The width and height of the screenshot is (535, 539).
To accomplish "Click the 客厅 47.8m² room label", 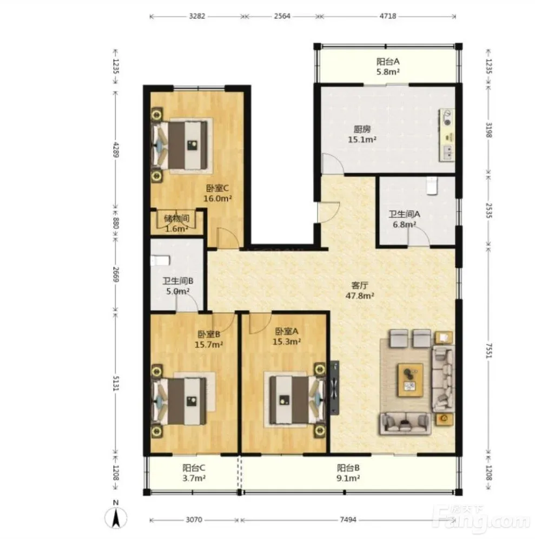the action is pos(360,291).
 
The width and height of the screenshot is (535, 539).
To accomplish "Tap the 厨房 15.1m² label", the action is pos(362,134).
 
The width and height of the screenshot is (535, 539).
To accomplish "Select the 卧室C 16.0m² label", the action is pos(217,193).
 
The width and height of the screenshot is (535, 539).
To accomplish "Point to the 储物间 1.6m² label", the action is pos(176,224).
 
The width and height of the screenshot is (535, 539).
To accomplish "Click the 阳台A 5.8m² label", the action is pos(388,67).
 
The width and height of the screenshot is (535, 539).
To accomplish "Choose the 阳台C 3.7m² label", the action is pos(194,473).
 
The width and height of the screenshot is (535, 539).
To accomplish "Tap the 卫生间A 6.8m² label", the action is pos(405,219).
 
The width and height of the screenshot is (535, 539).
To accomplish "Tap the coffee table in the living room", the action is pos(410,380).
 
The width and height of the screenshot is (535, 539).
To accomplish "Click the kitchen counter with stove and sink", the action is pos(446,135).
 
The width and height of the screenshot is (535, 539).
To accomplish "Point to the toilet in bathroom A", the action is pos(432,186).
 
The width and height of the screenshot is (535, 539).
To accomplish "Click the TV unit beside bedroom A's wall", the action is pos(334,387).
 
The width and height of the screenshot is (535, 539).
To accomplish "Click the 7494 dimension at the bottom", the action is pos(348,520).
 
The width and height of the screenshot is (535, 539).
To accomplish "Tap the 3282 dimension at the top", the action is pos(197,16).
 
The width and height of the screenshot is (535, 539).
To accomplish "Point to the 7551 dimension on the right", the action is pos(489,351).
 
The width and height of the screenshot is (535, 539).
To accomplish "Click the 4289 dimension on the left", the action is pos(116,150).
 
